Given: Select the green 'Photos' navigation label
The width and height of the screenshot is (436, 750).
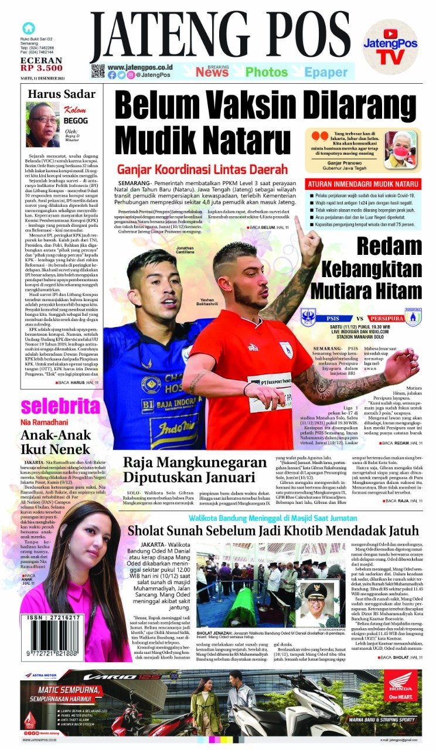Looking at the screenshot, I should pyautogui.click(x=267, y=72).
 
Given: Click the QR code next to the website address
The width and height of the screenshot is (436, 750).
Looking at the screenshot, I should pyautogui.click(x=97, y=71).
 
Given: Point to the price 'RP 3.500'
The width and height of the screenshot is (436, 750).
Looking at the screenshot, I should pyautogui.click(x=41, y=67).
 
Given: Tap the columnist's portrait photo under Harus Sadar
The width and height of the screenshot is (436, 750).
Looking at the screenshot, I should pyautogui.click(x=42, y=124).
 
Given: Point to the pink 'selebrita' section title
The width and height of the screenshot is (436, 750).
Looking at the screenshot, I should pyautogui.click(x=60, y=405).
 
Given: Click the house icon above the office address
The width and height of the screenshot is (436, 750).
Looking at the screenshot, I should pyautogui.click(x=28, y=28).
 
